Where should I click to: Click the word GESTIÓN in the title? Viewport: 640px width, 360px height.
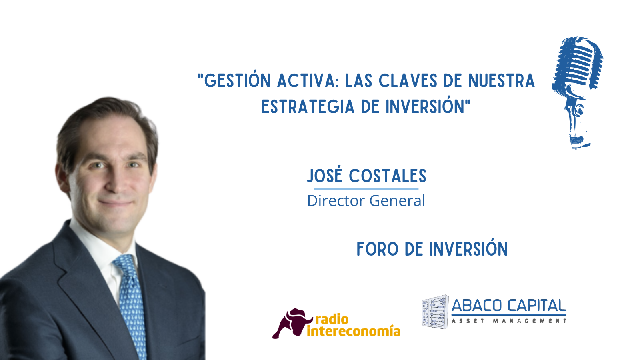237,80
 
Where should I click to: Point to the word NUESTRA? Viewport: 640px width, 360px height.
502,81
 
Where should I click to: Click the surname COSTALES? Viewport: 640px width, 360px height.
388,176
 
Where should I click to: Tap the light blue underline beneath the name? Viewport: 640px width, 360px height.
366,188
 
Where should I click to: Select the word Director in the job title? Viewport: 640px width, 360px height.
336,200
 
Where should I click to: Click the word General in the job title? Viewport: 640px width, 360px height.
398,200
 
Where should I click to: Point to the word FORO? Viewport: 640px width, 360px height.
378,249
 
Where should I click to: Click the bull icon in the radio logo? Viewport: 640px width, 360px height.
292,323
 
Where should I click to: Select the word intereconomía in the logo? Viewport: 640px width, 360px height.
354,331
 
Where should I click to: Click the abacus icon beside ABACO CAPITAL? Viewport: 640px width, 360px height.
435,312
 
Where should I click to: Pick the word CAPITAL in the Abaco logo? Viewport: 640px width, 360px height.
537,306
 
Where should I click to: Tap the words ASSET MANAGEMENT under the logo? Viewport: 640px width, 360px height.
509,321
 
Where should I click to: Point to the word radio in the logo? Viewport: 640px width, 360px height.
332,320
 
